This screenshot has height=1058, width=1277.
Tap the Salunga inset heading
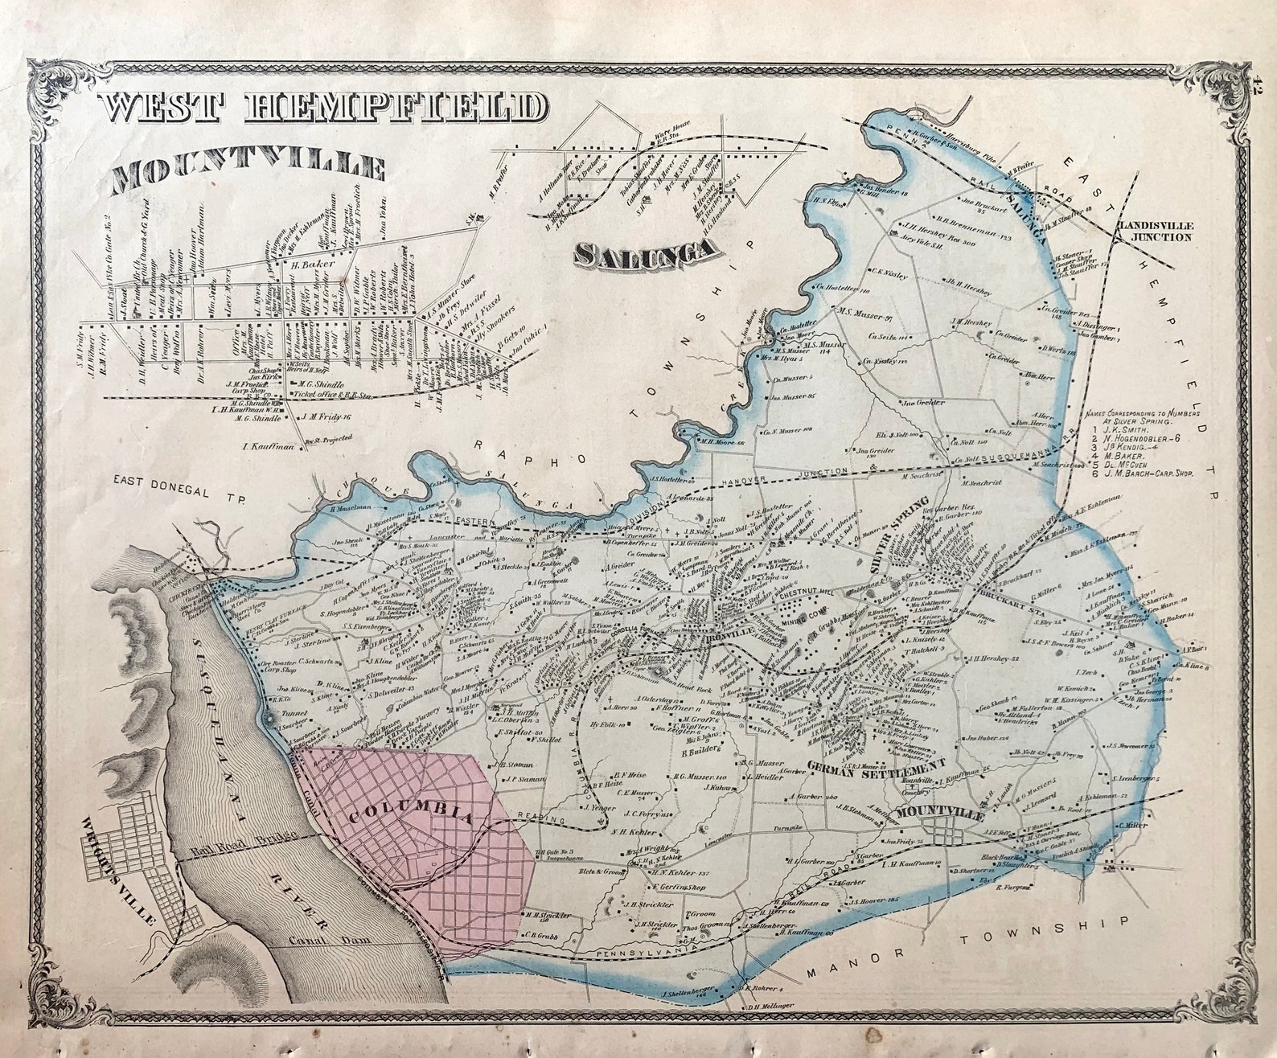click(646, 252)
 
